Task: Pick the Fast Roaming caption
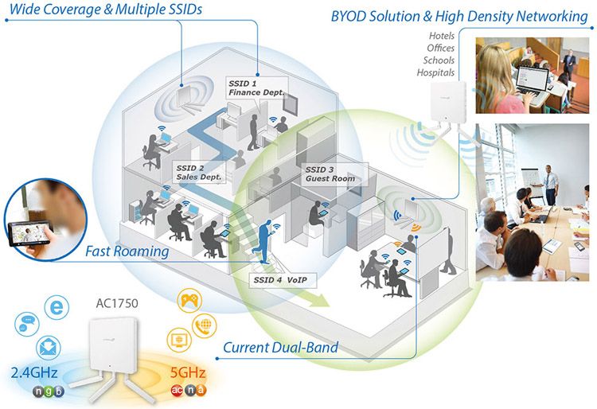[x=128, y=251]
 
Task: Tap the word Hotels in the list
[x=442, y=37]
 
